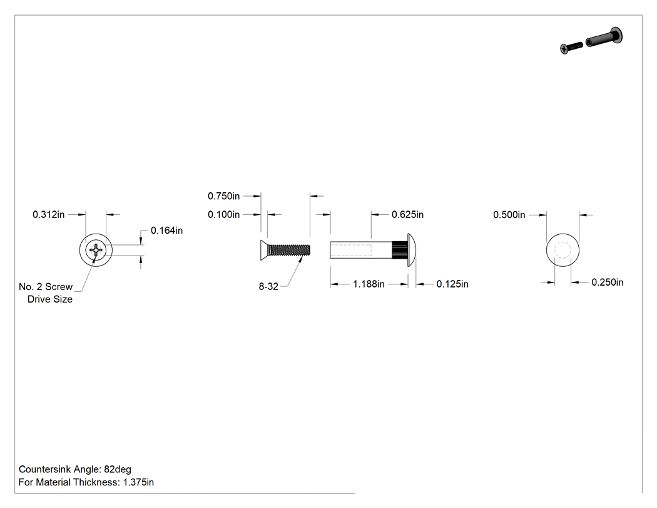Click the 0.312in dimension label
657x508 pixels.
click(x=49, y=214)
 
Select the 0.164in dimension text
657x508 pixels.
click(x=167, y=231)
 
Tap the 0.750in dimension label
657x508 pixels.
click(x=224, y=196)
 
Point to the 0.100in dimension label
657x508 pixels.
click(x=224, y=214)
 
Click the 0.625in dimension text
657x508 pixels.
click(x=408, y=214)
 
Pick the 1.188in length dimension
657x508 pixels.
click(x=369, y=284)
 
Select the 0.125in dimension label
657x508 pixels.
click(x=452, y=284)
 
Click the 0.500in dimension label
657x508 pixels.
click(x=509, y=215)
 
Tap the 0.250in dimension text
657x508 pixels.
click(x=608, y=283)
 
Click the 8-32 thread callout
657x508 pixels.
click(x=268, y=286)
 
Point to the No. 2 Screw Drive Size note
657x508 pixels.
click(x=46, y=293)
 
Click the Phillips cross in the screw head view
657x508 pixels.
click(x=96, y=251)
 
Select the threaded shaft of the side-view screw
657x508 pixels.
click(x=289, y=251)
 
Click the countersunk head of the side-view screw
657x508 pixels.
click(x=264, y=251)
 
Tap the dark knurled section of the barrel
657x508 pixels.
click(x=400, y=251)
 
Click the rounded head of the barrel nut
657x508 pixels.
click(x=412, y=251)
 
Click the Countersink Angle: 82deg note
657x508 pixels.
click(x=75, y=469)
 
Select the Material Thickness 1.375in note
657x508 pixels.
click(x=86, y=482)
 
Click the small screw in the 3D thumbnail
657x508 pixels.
click(x=571, y=48)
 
